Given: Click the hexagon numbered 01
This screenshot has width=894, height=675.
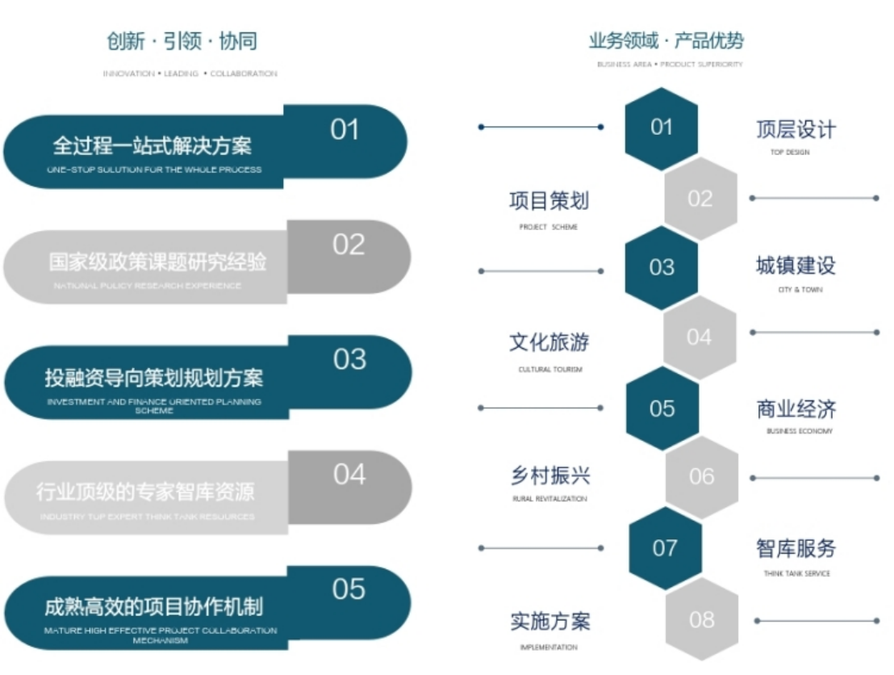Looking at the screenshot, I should pyautogui.click(x=662, y=127).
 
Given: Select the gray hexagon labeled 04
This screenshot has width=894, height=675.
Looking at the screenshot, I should pyautogui.click(x=700, y=337).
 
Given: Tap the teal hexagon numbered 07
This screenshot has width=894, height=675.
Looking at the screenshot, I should pyautogui.click(x=665, y=548).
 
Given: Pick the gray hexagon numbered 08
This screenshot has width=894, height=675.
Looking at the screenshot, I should pyautogui.click(x=702, y=619).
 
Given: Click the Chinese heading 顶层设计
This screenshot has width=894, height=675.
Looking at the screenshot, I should pyautogui.click(x=796, y=129).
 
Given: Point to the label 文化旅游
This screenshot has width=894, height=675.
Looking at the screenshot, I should pyautogui.click(x=549, y=342).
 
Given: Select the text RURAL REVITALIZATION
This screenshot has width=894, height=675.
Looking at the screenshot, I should pyautogui.click(x=549, y=499).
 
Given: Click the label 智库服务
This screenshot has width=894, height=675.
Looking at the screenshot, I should pyautogui.click(x=796, y=548).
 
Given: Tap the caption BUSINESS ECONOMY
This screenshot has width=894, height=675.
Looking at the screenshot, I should pyautogui.click(x=800, y=431).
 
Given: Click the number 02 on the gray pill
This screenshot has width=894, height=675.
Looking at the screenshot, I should pyautogui.click(x=349, y=245).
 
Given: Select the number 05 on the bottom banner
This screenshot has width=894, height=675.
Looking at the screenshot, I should pyautogui.click(x=349, y=589).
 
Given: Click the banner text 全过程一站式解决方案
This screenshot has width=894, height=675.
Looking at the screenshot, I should pyautogui.click(x=152, y=145).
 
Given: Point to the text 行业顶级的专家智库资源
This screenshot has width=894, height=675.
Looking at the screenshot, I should pyautogui.click(x=146, y=491).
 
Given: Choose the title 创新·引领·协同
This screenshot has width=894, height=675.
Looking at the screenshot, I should pyautogui.click(x=182, y=41).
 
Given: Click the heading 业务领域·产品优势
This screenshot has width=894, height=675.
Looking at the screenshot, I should pyautogui.click(x=666, y=40).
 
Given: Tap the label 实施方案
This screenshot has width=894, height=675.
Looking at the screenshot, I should pyautogui.click(x=549, y=621).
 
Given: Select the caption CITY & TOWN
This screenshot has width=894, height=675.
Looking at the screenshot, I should pyautogui.click(x=800, y=289).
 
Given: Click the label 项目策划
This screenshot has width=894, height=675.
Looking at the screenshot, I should pyautogui.click(x=549, y=200).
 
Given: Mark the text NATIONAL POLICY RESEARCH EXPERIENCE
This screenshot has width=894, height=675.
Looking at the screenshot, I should pyautogui.click(x=147, y=286).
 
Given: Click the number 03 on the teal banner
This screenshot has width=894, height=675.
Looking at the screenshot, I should pyautogui.click(x=349, y=359).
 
